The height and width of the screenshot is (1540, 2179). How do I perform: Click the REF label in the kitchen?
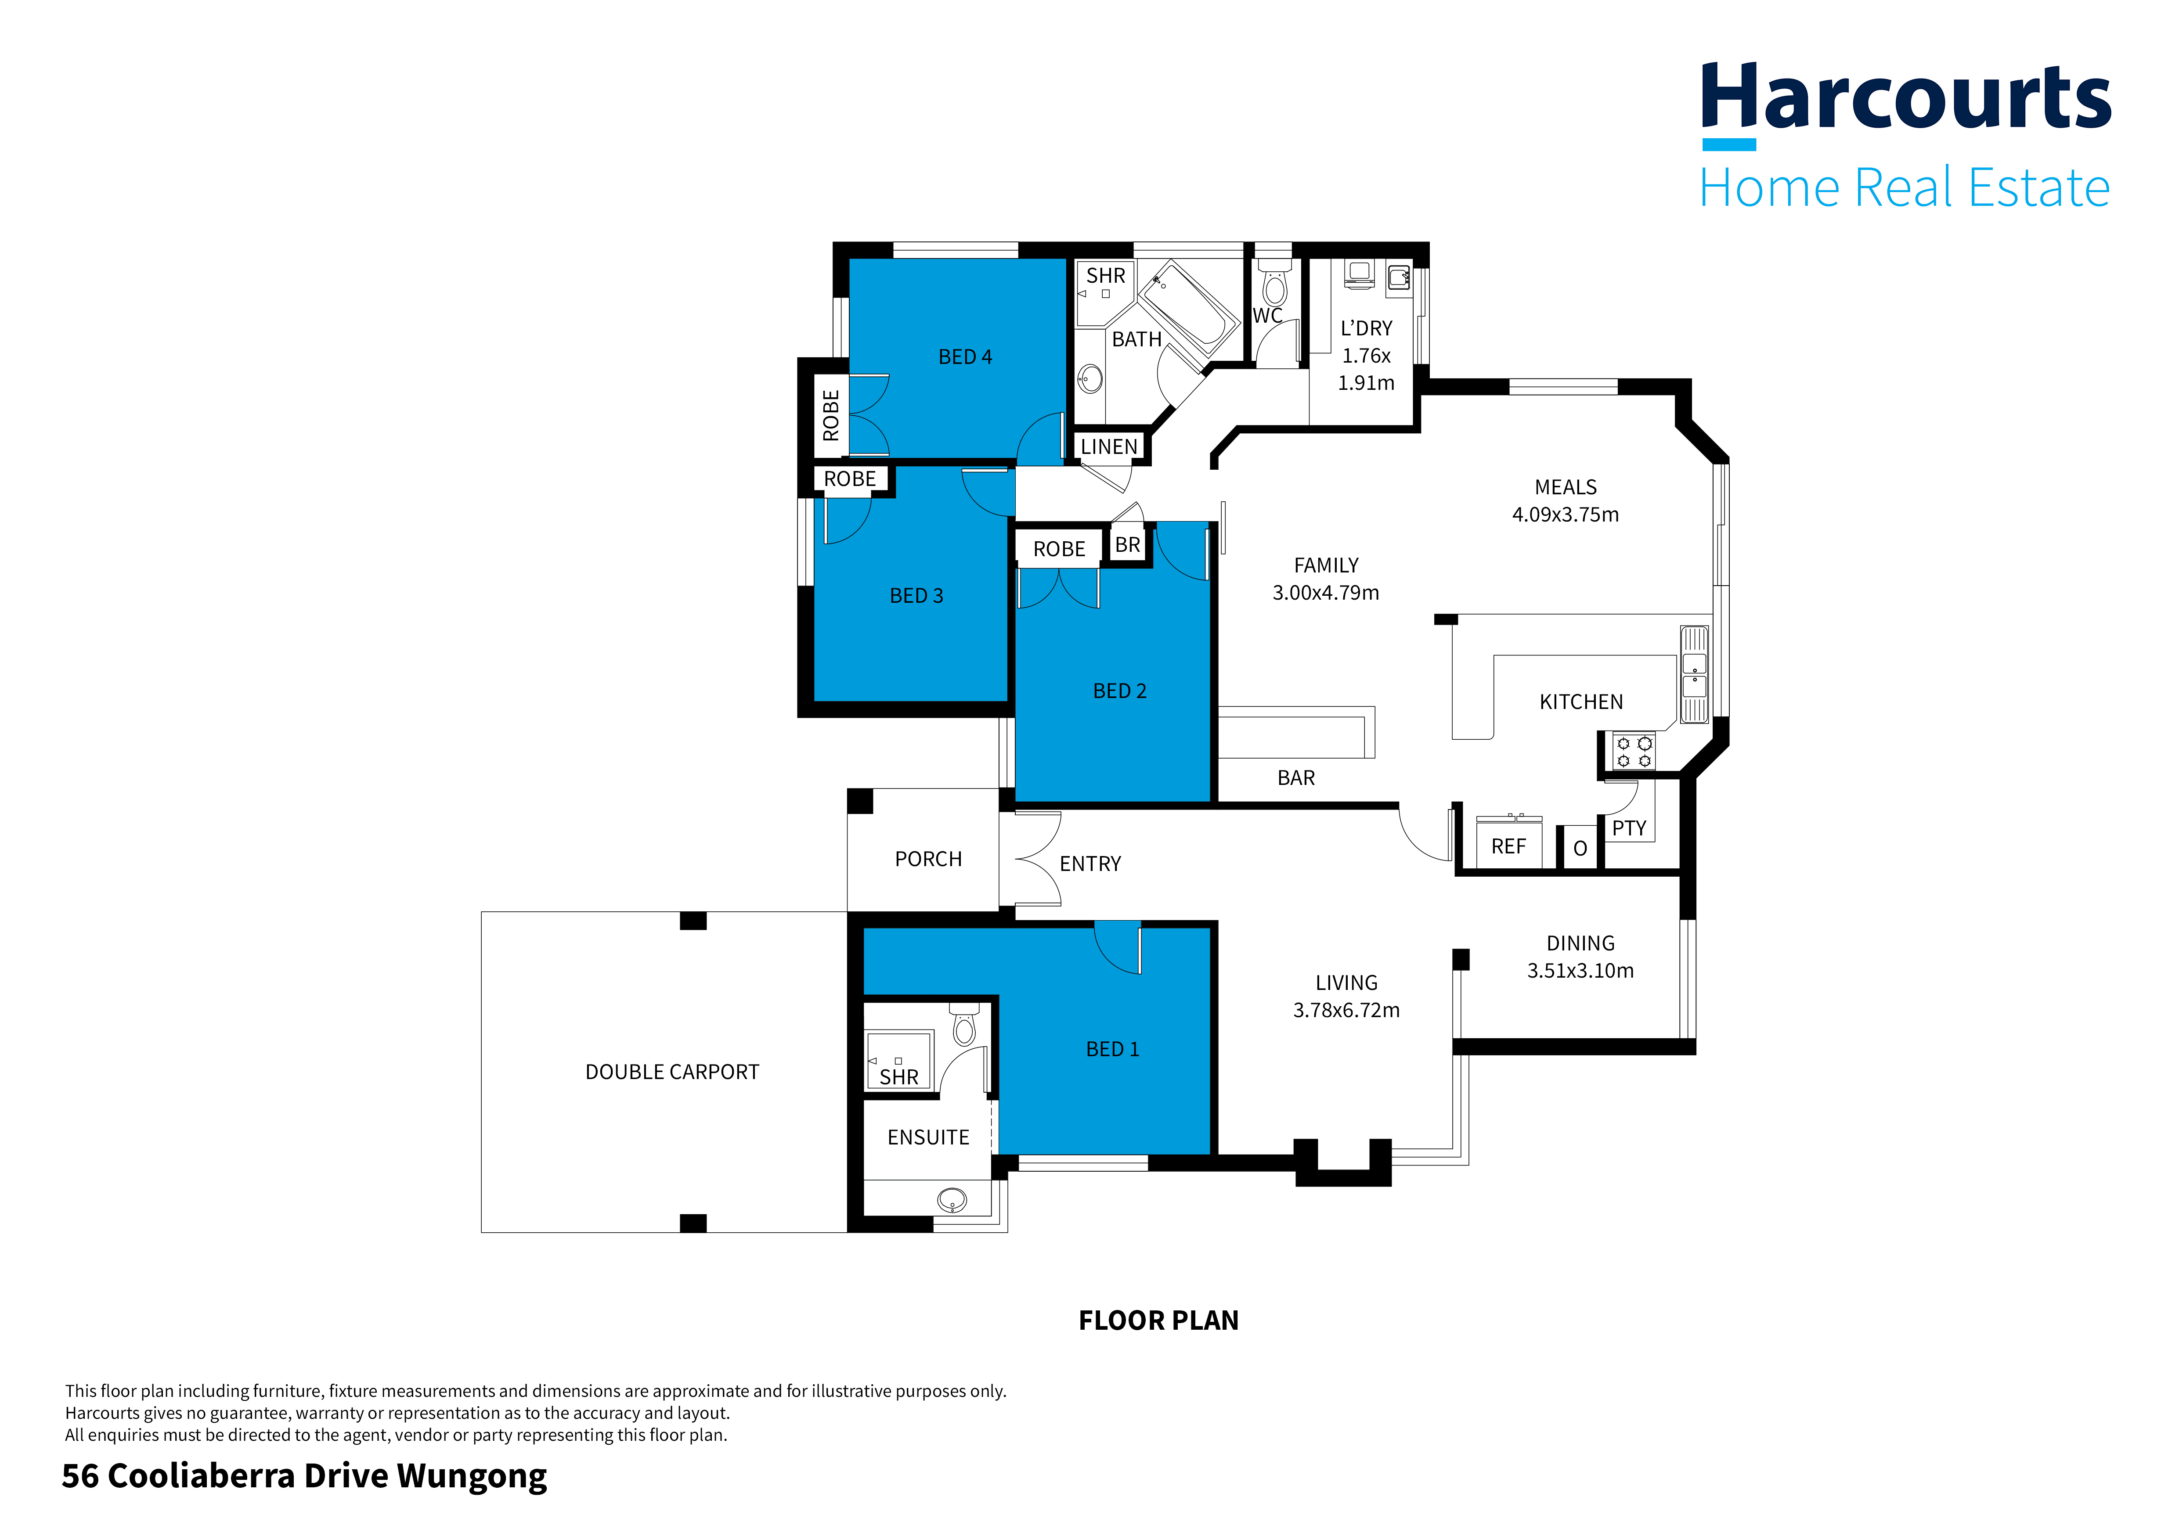1508,846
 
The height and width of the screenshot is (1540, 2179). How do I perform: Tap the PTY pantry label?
1629,828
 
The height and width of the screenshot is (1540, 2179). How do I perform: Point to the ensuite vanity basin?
951,1200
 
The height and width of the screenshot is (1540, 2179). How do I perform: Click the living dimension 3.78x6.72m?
1346,1010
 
